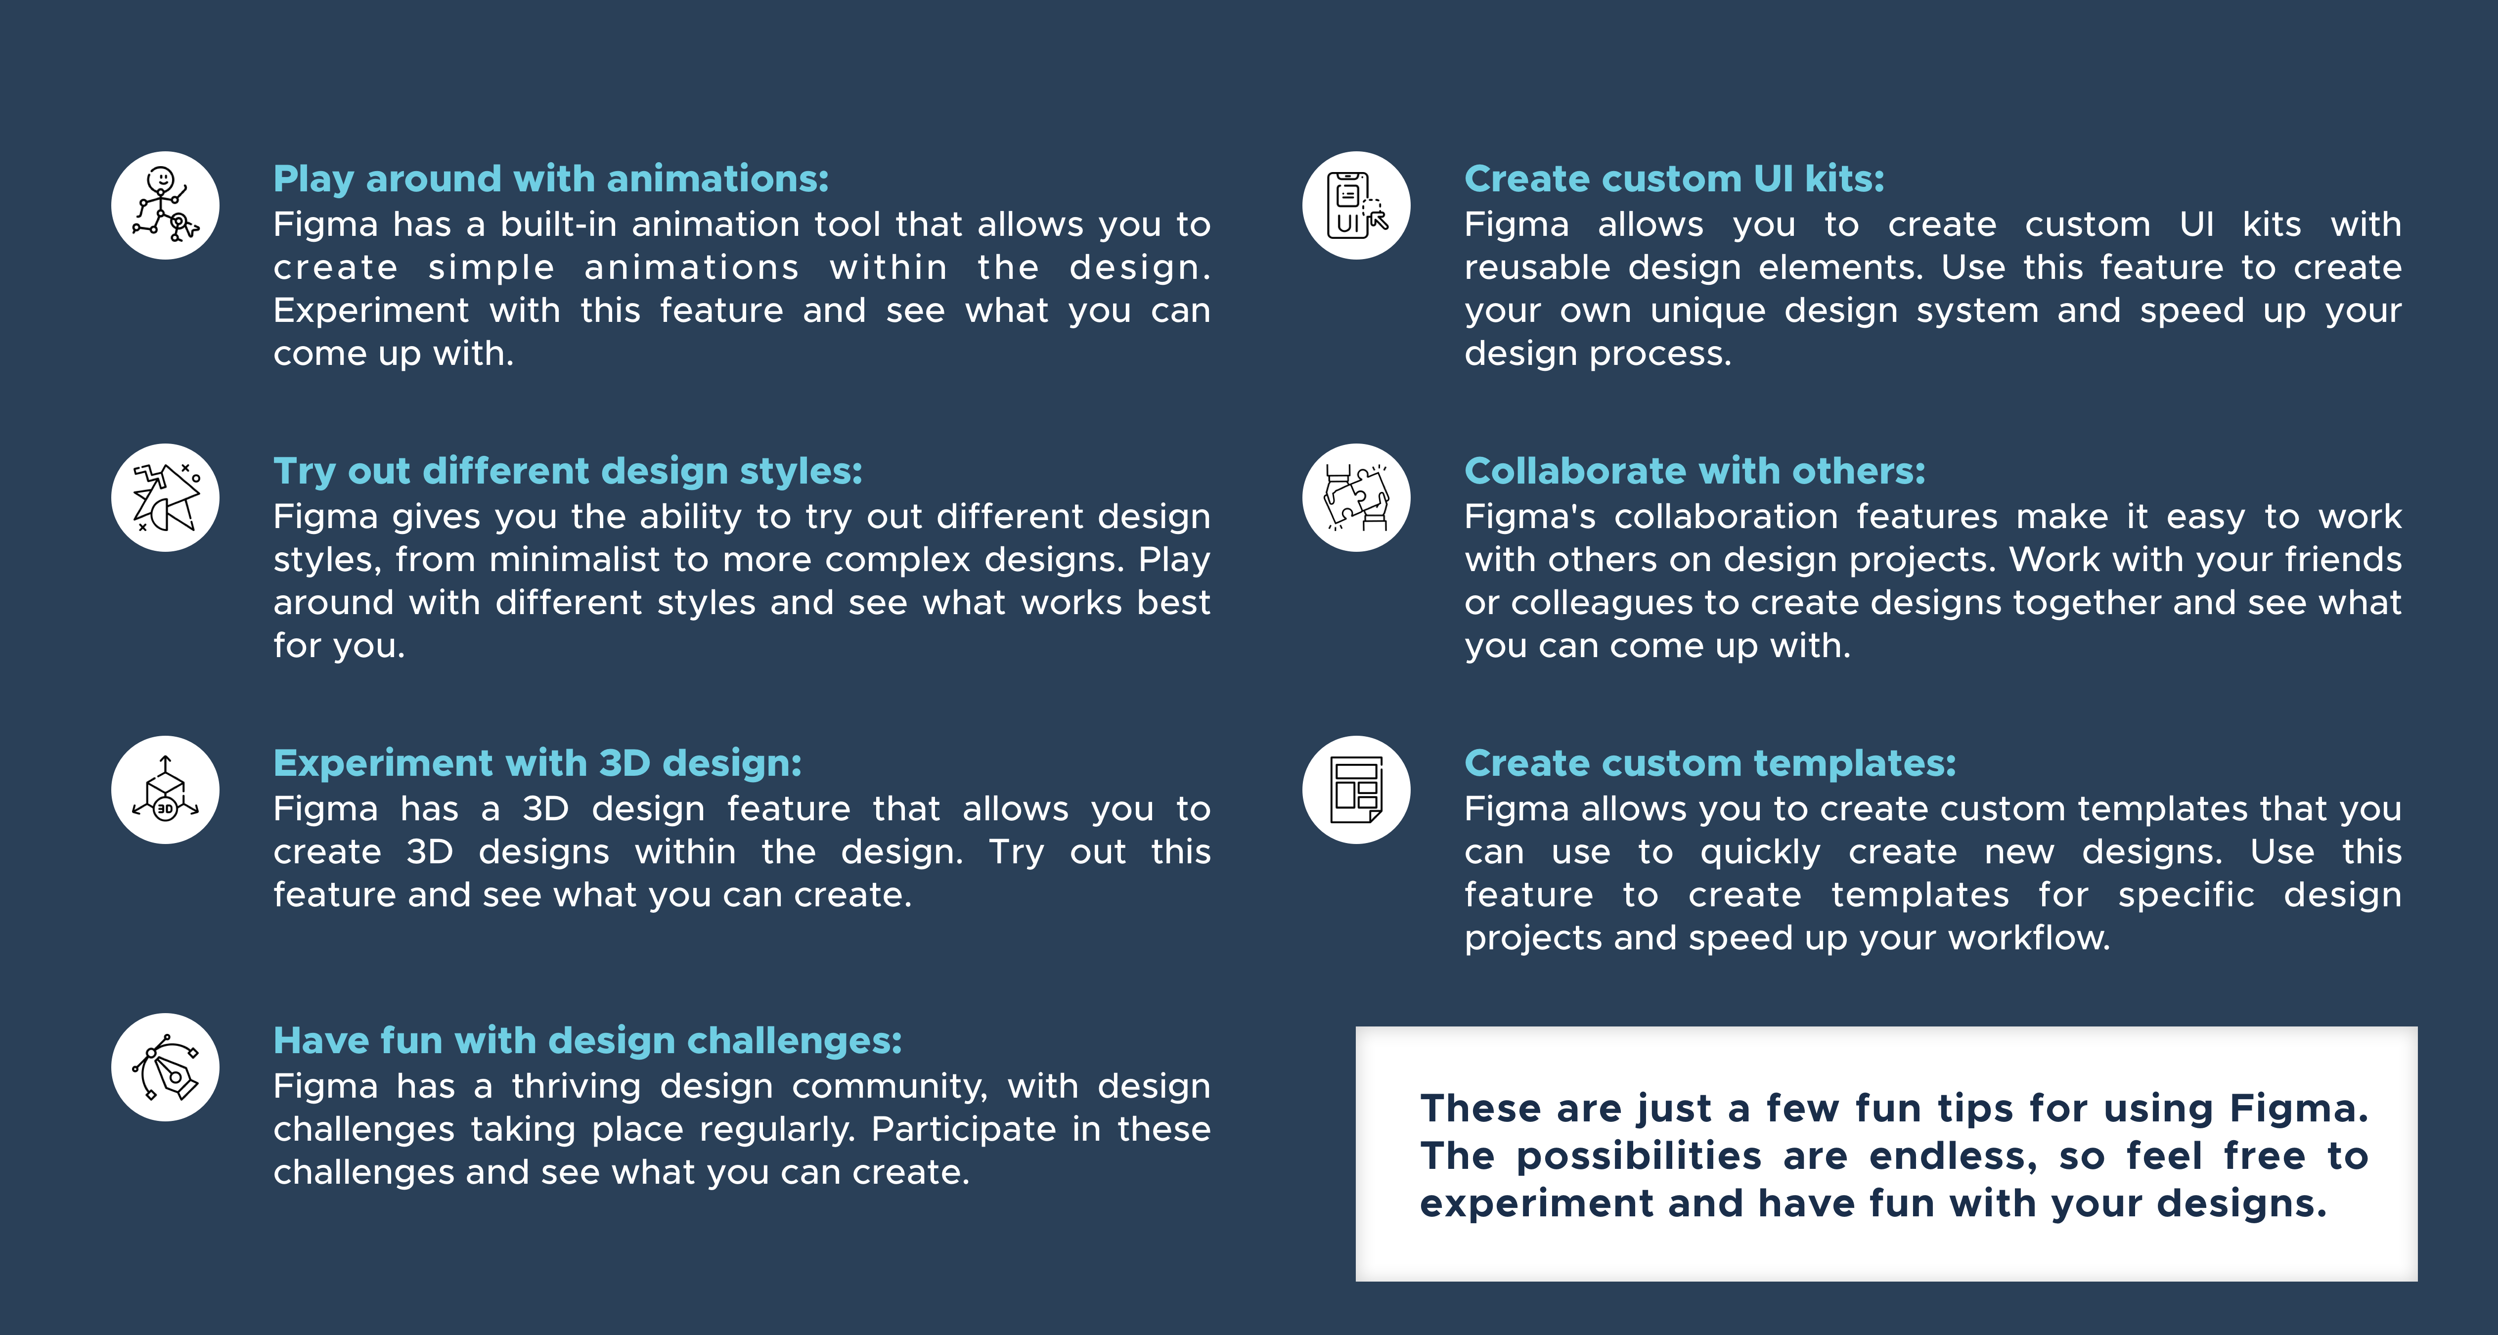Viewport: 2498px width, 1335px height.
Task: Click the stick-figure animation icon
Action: click(165, 205)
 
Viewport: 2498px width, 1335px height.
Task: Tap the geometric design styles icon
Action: click(165, 497)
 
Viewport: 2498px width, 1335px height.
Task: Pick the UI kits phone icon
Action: click(1356, 205)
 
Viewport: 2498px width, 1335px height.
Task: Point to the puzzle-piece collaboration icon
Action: click(1356, 497)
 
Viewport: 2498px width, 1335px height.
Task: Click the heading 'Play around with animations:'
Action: click(551, 179)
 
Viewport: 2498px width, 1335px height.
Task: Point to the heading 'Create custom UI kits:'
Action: click(1674, 179)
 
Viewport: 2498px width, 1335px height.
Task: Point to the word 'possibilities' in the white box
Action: click(1639, 1157)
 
